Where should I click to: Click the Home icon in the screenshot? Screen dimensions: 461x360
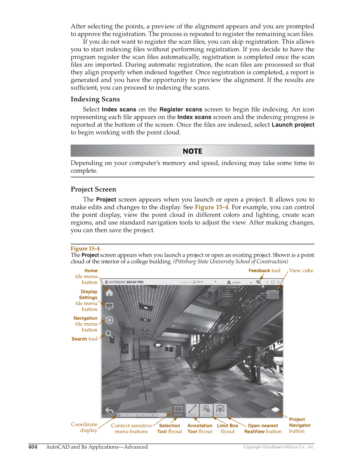[109, 292]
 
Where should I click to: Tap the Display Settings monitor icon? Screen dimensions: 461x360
[109, 306]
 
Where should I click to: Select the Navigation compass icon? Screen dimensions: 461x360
[109, 320]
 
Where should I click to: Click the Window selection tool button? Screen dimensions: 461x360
[179, 410]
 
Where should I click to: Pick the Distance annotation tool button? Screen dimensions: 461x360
[192, 410]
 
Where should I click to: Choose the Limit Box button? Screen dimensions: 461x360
[206, 410]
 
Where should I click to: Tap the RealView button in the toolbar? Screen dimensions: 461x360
[220, 410]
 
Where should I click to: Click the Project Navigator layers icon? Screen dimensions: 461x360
[276, 410]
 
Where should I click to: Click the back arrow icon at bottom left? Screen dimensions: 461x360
[109, 410]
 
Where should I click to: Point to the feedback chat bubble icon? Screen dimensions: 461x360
[259, 282]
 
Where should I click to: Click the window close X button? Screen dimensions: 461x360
[278, 282]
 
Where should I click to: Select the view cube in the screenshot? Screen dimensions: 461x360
[278, 294]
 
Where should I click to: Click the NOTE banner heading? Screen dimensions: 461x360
[192, 151]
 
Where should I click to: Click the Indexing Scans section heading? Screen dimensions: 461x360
[95, 99]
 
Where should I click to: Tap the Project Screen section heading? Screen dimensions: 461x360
[93, 189]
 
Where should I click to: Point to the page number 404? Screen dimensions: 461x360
[33, 447]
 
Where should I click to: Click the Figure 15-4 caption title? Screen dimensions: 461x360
[85, 249]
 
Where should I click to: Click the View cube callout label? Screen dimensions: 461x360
[301, 271]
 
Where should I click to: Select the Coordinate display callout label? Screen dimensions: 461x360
[84, 427]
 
